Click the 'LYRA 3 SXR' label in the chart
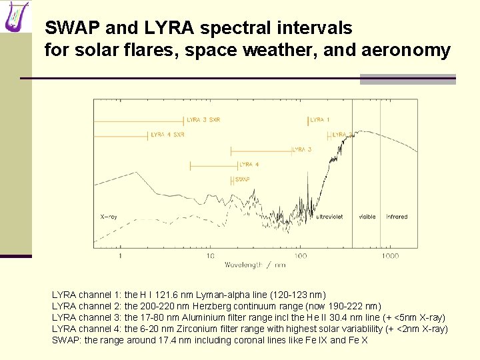(x=204, y=119)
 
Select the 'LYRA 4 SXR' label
(x=168, y=135)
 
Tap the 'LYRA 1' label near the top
(x=320, y=119)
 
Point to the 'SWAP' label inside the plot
(x=243, y=179)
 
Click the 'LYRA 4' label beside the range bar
(x=249, y=164)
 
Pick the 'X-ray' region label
(x=109, y=217)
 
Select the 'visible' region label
(x=367, y=217)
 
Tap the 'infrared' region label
(x=397, y=217)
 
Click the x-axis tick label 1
(x=120, y=255)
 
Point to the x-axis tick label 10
(x=210, y=255)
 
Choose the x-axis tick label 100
(x=300, y=255)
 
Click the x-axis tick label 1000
(x=390, y=255)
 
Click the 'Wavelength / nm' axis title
(x=255, y=265)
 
